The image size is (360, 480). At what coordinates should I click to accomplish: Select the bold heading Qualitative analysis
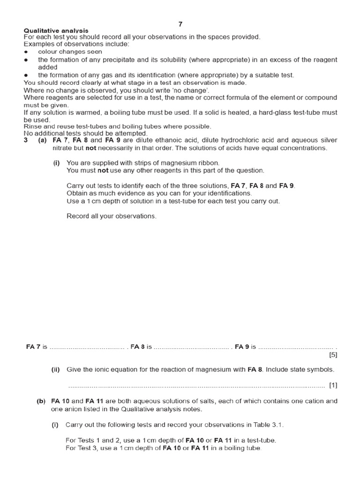click(56, 30)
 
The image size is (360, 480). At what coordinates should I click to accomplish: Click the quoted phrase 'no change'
click(191, 90)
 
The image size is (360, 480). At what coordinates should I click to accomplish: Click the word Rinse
click(32, 127)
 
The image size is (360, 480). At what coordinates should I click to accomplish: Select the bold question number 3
click(26, 140)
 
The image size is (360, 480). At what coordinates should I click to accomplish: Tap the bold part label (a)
click(42, 140)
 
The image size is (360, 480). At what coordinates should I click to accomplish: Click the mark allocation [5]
click(333, 355)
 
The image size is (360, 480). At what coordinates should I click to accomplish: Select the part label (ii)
click(57, 369)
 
